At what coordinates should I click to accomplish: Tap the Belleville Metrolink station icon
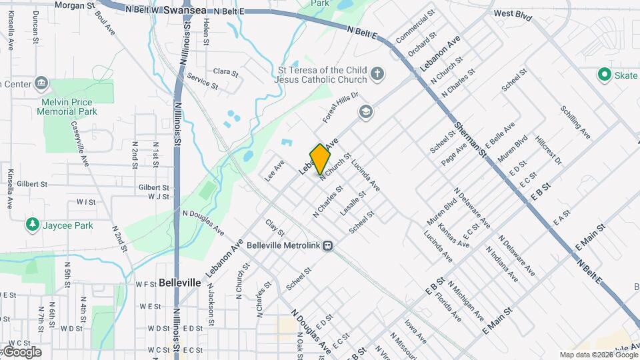pos(327,245)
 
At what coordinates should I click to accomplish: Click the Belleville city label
pos(180,283)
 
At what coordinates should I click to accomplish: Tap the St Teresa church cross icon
pos(377,74)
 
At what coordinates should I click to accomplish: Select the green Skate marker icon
pos(605,75)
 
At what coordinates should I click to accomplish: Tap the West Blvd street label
pos(513,15)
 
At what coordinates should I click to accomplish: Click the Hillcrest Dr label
pos(549,153)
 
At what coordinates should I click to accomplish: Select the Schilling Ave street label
pos(575,123)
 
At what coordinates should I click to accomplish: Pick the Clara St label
pos(226,71)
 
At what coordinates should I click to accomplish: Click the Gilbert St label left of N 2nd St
pos(32,183)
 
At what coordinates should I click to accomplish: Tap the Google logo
pos(22,351)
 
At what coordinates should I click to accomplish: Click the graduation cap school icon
pos(365,111)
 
